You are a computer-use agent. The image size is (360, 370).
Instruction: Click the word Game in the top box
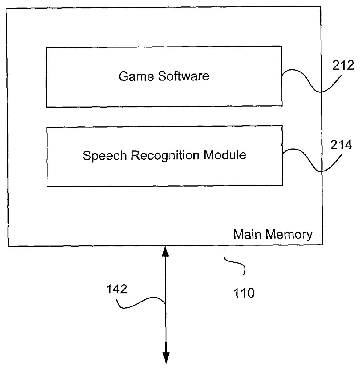[x=137, y=76]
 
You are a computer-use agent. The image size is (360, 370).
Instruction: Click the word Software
[x=184, y=76]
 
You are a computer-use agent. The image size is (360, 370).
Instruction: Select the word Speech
[x=105, y=155]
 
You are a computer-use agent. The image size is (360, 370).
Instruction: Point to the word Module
[x=225, y=154]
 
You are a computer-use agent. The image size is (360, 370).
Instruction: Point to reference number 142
[x=117, y=289]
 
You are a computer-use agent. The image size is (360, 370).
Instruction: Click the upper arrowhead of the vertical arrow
[x=166, y=251]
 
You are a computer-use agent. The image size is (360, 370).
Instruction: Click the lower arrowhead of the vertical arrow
[x=166, y=358]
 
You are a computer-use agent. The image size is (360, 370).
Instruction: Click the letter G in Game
[x=123, y=76]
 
